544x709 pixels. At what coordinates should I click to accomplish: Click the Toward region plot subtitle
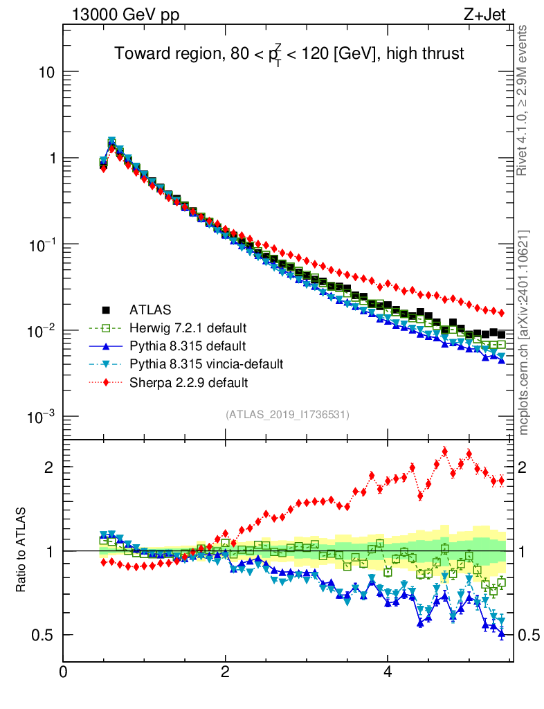289,54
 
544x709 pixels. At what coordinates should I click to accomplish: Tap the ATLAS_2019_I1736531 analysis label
287,415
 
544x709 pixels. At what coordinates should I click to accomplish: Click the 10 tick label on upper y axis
46,73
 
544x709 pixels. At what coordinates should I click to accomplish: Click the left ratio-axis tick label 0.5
42,635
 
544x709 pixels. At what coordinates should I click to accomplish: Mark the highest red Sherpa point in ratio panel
444,451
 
